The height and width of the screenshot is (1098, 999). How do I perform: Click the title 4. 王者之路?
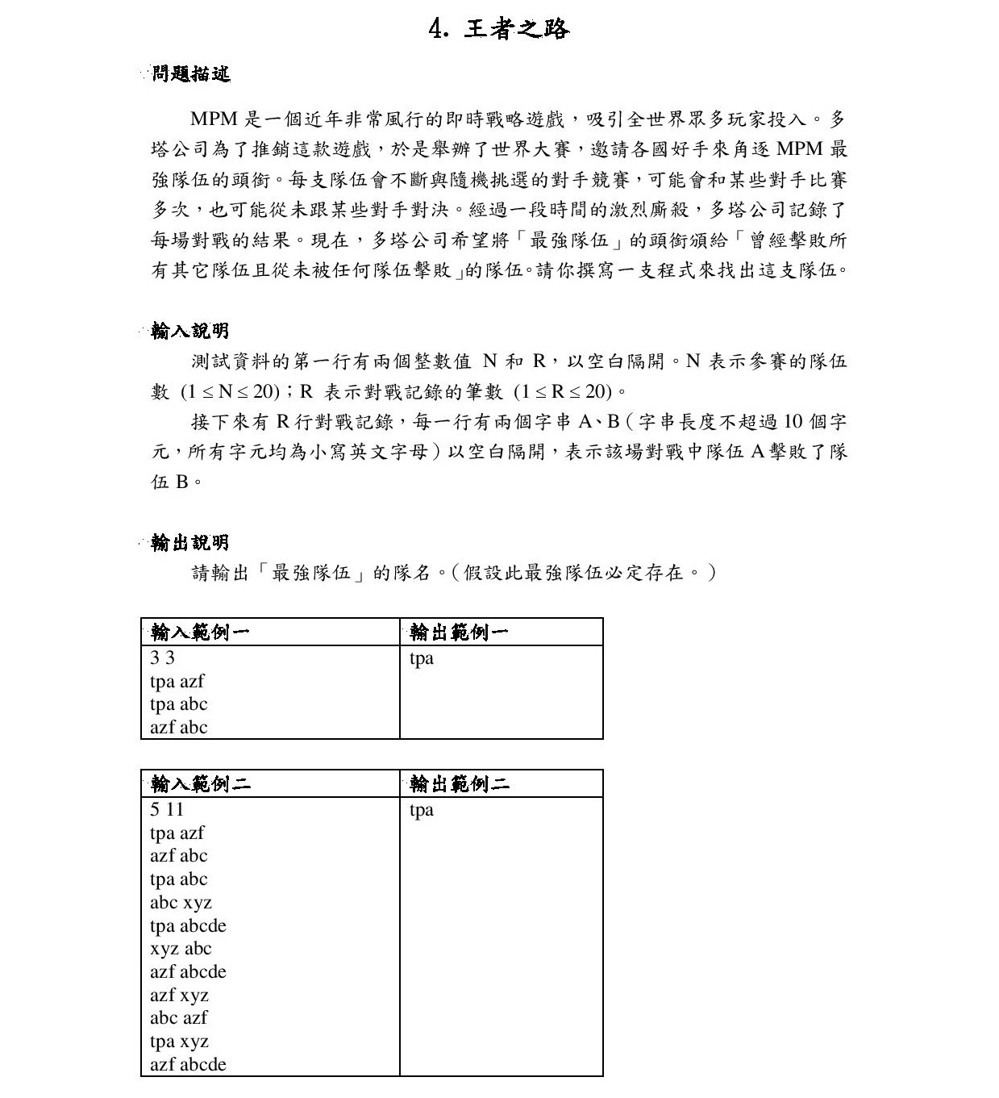point(499,30)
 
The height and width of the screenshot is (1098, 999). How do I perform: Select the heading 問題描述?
point(190,74)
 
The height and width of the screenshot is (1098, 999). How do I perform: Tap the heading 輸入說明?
point(190,331)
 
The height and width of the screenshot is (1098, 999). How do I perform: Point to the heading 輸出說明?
point(190,543)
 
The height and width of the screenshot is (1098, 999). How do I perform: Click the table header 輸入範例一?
point(200,632)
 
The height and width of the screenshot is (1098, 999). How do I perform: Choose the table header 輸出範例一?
point(459,632)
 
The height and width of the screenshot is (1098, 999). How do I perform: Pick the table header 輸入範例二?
point(200,783)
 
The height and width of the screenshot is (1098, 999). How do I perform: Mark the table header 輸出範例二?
point(459,783)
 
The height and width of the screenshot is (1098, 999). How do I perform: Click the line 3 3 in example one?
point(162,658)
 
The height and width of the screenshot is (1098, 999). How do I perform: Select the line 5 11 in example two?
point(167,809)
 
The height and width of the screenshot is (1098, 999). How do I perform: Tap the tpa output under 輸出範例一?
point(422,658)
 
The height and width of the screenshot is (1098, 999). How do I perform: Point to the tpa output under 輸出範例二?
point(422,810)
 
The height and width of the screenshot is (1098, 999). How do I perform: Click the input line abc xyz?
point(181,902)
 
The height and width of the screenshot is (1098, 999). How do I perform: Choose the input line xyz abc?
point(181,949)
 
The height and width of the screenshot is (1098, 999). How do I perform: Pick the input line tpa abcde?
point(188,925)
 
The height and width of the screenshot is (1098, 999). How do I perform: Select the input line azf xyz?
point(179,995)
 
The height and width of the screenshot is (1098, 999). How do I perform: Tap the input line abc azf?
point(178,1018)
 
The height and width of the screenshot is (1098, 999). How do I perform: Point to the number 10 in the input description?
point(793,422)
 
